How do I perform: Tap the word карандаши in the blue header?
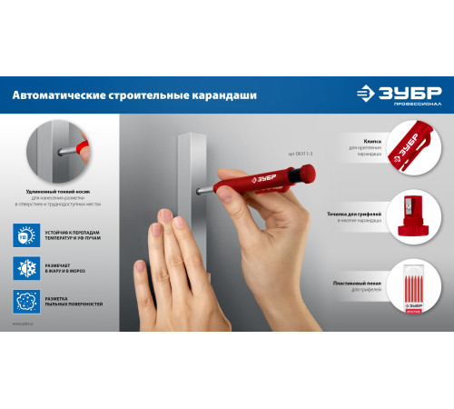[x=226, y=95]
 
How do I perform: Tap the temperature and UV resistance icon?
[x=26, y=234]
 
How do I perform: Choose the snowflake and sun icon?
[x=26, y=267]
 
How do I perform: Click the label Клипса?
[x=359, y=138]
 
